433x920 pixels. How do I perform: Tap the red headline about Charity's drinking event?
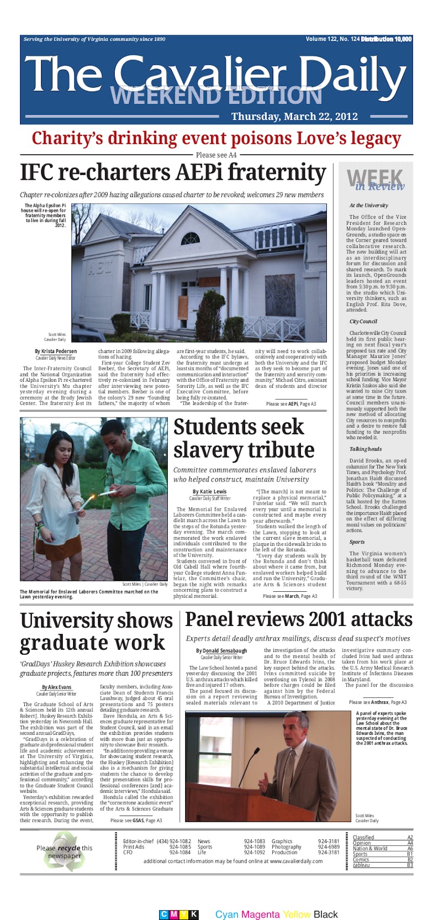coord(216,139)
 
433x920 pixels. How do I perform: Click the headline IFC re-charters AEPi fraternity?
coord(173,173)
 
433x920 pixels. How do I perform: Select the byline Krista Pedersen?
coord(56,351)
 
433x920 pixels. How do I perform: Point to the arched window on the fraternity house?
coord(190,238)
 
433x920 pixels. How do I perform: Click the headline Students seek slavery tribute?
coord(244,438)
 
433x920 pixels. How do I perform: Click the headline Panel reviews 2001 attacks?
coord(299,619)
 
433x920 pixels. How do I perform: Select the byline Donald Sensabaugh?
coord(221,650)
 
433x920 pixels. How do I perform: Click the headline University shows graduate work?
coord(96,631)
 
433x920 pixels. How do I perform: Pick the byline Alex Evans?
coord(56,687)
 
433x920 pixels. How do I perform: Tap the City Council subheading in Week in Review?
coord(363,322)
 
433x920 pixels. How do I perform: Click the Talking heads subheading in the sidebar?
coord(365,449)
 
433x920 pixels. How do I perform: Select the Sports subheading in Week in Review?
coord(357,541)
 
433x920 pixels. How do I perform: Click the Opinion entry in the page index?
coord(362,843)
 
